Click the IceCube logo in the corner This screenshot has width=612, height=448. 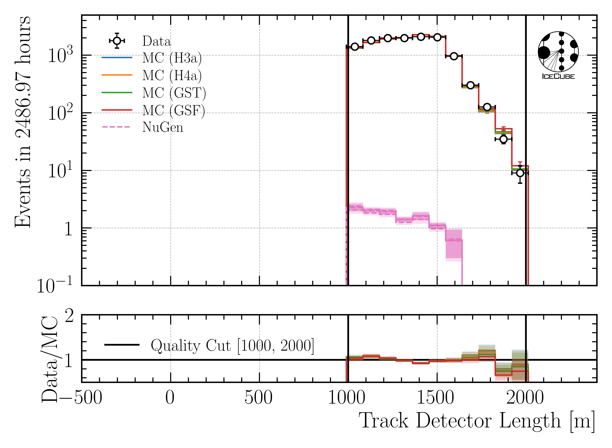coord(558,55)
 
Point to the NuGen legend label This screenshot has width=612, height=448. coord(163,127)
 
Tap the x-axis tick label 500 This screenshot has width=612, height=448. coord(258,398)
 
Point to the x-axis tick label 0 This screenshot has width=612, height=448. coord(170,398)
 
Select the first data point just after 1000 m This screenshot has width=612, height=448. coord(355,47)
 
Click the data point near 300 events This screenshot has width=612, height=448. coord(470,85)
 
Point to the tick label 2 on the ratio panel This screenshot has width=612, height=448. coord(69,316)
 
